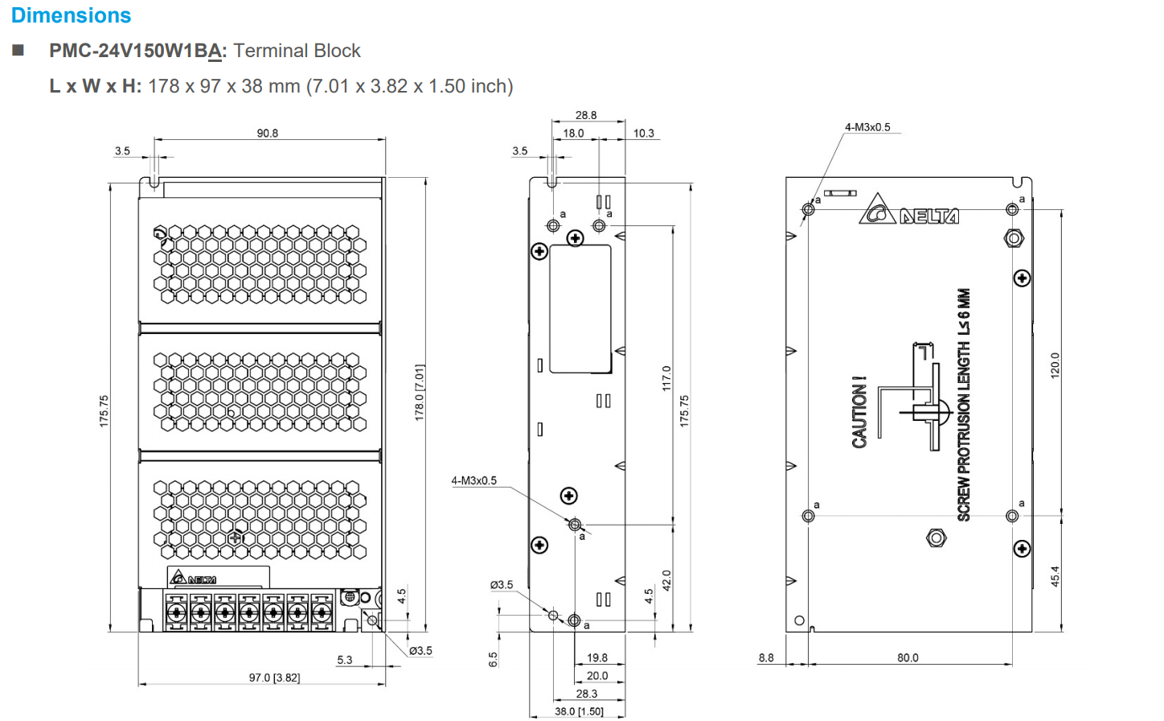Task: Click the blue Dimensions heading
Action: (71, 15)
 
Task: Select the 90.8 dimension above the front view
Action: (267, 133)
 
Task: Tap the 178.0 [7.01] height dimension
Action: (419, 393)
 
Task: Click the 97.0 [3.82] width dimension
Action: (274, 678)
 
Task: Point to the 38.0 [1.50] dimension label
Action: (579, 711)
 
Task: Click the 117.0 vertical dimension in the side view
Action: (666, 378)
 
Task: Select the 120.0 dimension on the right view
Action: (1055, 365)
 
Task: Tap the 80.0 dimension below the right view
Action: (908, 657)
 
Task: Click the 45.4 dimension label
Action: (1055, 576)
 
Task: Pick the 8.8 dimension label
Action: (766, 657)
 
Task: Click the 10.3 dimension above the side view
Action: (643, 133)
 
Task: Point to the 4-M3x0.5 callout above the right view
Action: (867, 127)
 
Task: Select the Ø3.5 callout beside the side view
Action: (502, 584)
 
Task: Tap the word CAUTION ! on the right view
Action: (859, 411)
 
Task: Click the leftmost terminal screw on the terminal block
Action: (176, 613)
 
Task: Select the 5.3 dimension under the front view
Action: (344, 660)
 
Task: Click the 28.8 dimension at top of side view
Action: (586, 115)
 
